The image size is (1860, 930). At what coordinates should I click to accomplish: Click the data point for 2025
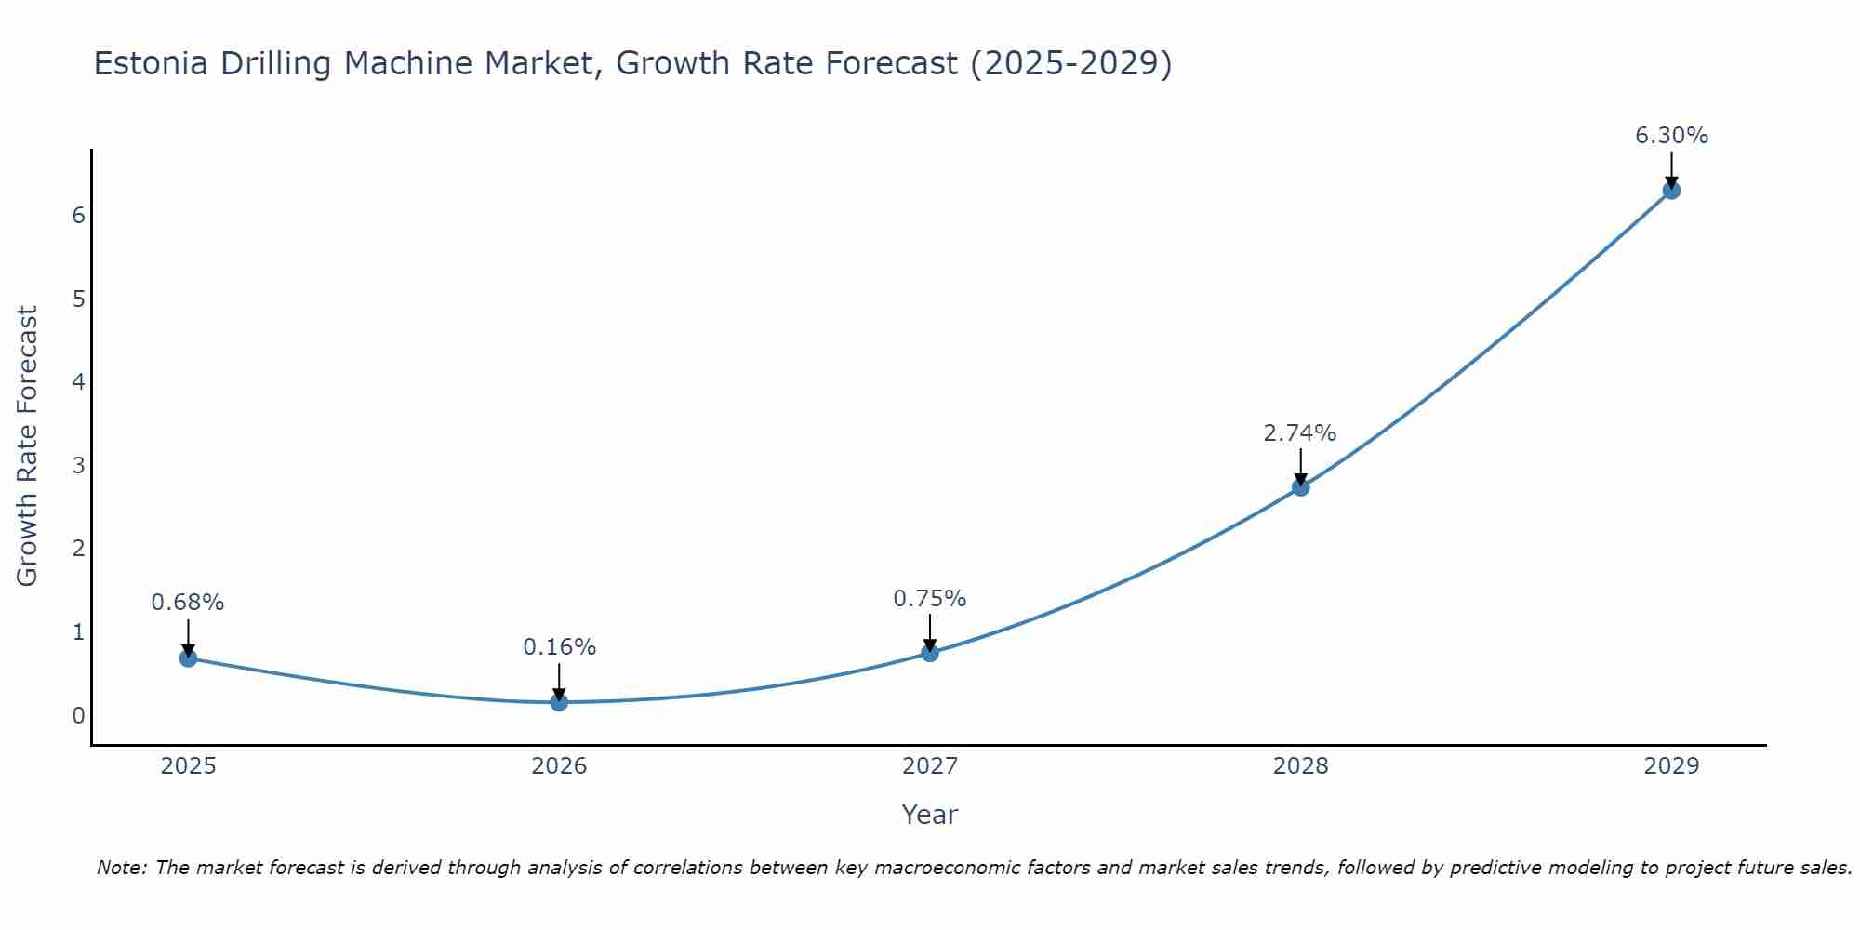pos(188,658)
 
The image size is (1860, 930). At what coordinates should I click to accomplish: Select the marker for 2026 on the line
pos(559,702)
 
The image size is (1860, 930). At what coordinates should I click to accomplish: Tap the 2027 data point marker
pos(930,653)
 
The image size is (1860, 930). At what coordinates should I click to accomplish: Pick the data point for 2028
pos(1300,486)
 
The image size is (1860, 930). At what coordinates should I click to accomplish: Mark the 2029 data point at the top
pos(1671,191)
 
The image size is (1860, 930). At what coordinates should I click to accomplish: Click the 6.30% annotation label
pos(1671,136)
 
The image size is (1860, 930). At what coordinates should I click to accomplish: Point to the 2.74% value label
pos(1299,433)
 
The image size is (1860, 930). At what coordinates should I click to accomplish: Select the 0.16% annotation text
pos(559,647)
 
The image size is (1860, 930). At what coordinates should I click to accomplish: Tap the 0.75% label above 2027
pos(929,599)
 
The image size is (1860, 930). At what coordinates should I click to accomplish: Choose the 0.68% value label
pos(188,603)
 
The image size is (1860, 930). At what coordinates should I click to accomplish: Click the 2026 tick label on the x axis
pos(559,766)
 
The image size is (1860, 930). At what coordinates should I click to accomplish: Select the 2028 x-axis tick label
pos(1300,766)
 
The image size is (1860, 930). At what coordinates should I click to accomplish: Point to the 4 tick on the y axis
pos(78,382)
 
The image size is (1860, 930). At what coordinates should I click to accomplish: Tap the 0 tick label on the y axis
pos(78,715)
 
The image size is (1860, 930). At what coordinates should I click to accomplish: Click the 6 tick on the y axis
pos(78,216)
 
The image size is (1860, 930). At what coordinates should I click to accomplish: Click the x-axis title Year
pos(929,815)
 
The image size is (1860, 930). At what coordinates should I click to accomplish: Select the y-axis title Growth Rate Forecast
pos(28,446)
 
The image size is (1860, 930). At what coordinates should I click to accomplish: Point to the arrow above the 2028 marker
pos(1300,465)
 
